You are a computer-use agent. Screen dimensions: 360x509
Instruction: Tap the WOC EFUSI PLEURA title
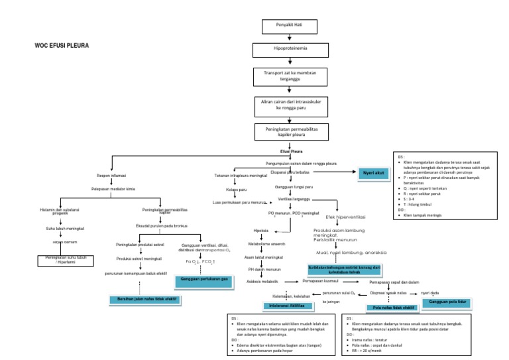click(62, 47)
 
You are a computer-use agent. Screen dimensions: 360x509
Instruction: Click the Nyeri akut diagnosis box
click(374, 174)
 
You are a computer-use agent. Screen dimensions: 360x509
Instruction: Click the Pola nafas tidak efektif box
click(390, 308)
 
